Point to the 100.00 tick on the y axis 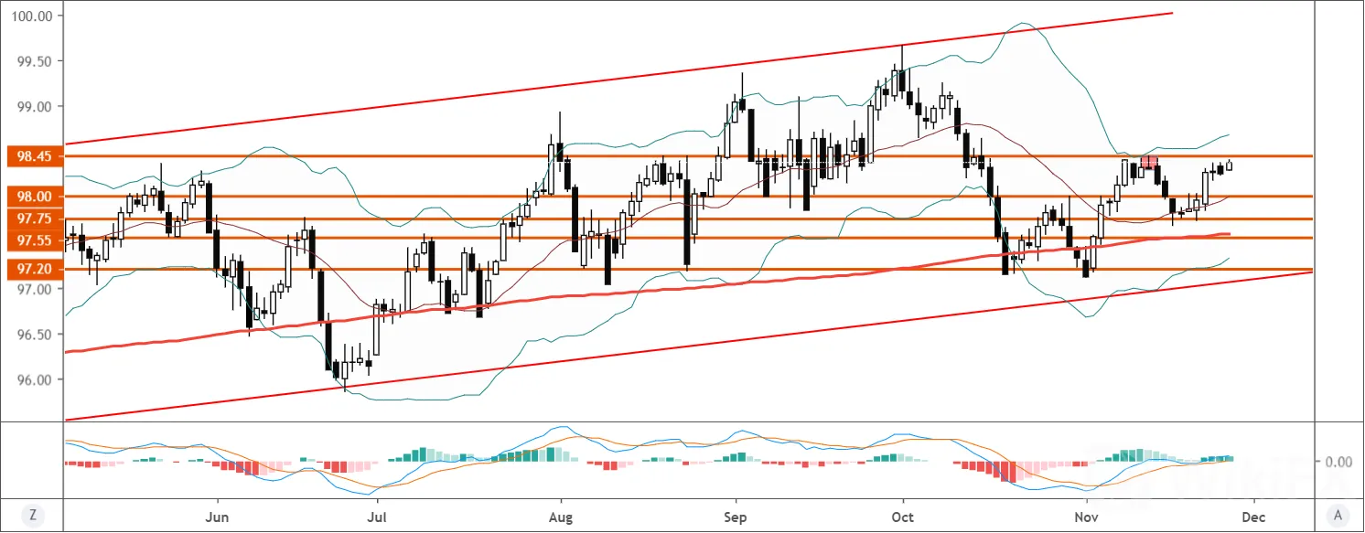click(32, 16)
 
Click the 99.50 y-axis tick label click(35, 61)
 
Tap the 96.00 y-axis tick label click(35, 379)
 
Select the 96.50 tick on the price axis click(35, 335)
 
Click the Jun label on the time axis click(217, 517)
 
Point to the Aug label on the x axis click(561, 517)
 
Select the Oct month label click(902, 517)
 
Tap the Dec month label click(1253, 517)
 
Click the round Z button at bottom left click(33, 516)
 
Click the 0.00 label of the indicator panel click(1338, 462)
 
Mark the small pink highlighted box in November click(1149, 162)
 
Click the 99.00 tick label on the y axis click(35, 107)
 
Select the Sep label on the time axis click(735, 517)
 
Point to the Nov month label click(1087, 517)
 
